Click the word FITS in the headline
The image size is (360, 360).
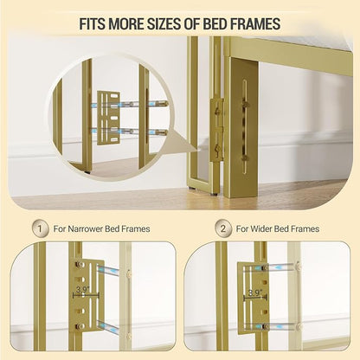(92, 24)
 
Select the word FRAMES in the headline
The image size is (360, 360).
(254, 24)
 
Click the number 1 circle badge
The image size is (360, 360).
(40, 228)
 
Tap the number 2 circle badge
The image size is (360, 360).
(223, 228)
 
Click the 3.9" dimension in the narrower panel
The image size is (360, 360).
(82, 290)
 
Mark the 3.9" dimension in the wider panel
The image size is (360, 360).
(254, 292)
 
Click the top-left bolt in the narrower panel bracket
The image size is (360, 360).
(79, 264)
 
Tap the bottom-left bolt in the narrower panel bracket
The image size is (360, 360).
(79, 326)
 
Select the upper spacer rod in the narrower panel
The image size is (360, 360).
(108, 271)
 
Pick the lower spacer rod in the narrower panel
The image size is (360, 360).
(107, 326)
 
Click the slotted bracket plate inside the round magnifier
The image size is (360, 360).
(108, 118)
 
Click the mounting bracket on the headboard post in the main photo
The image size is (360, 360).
(216, 129)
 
